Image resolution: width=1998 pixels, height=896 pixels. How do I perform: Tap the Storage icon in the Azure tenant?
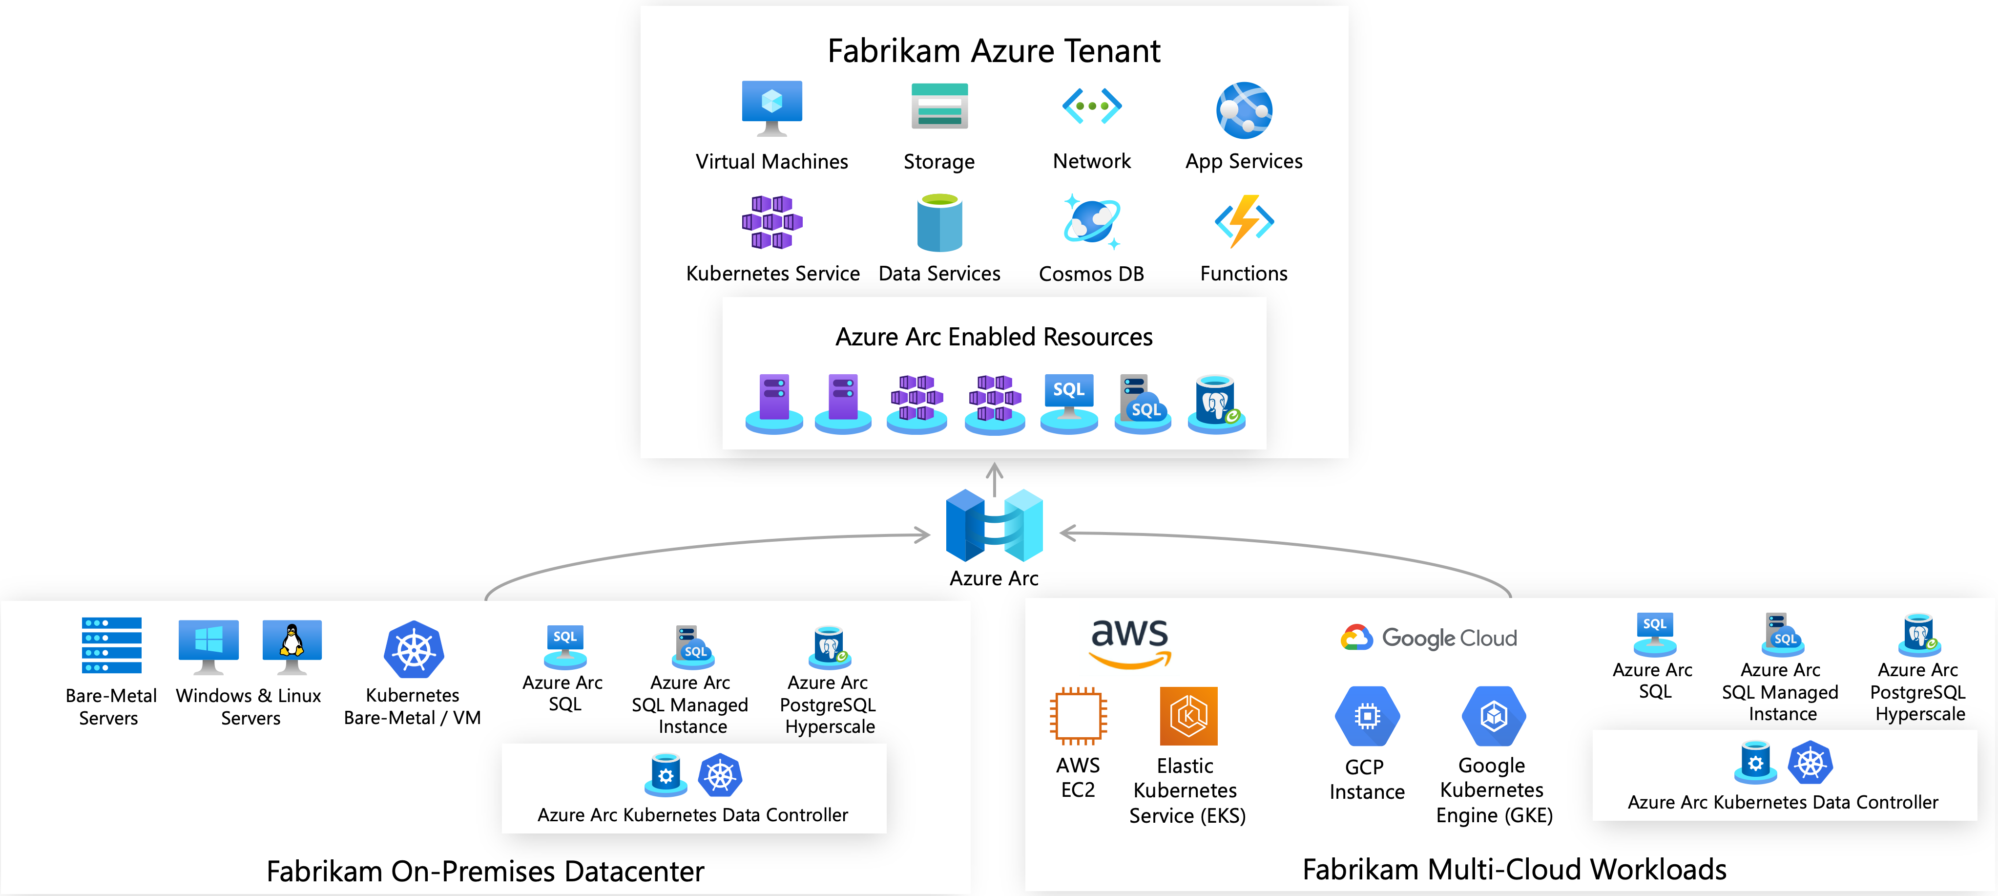coord(939,107)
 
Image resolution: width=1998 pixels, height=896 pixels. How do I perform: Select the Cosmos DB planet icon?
coord(1091,222)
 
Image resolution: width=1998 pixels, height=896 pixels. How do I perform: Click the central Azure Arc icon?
coord(994,525)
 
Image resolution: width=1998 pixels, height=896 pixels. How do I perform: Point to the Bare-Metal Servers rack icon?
coord(112,645)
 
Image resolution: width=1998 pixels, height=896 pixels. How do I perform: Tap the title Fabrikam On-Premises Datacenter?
coord(485,871)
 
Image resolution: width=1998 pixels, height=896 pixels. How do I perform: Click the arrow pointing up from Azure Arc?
coord(994,478)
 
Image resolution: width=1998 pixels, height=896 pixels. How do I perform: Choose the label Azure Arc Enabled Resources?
coord(994,337)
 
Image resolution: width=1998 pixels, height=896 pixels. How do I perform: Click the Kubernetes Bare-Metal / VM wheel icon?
coord(414,650)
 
